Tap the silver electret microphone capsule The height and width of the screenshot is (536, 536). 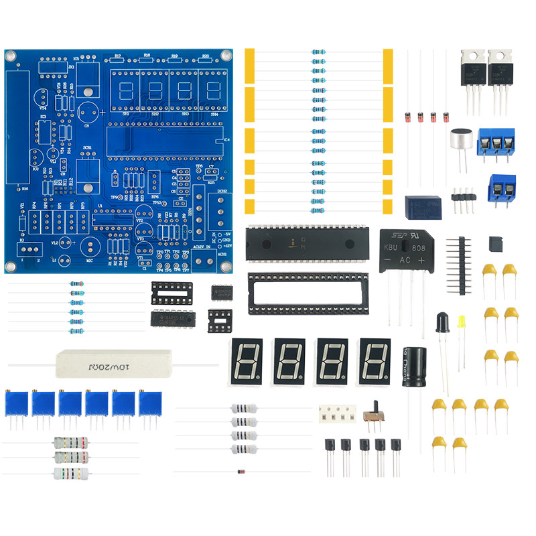point(461,141)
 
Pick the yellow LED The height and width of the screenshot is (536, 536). point(462,322)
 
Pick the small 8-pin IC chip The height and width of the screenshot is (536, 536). point(222,293)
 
